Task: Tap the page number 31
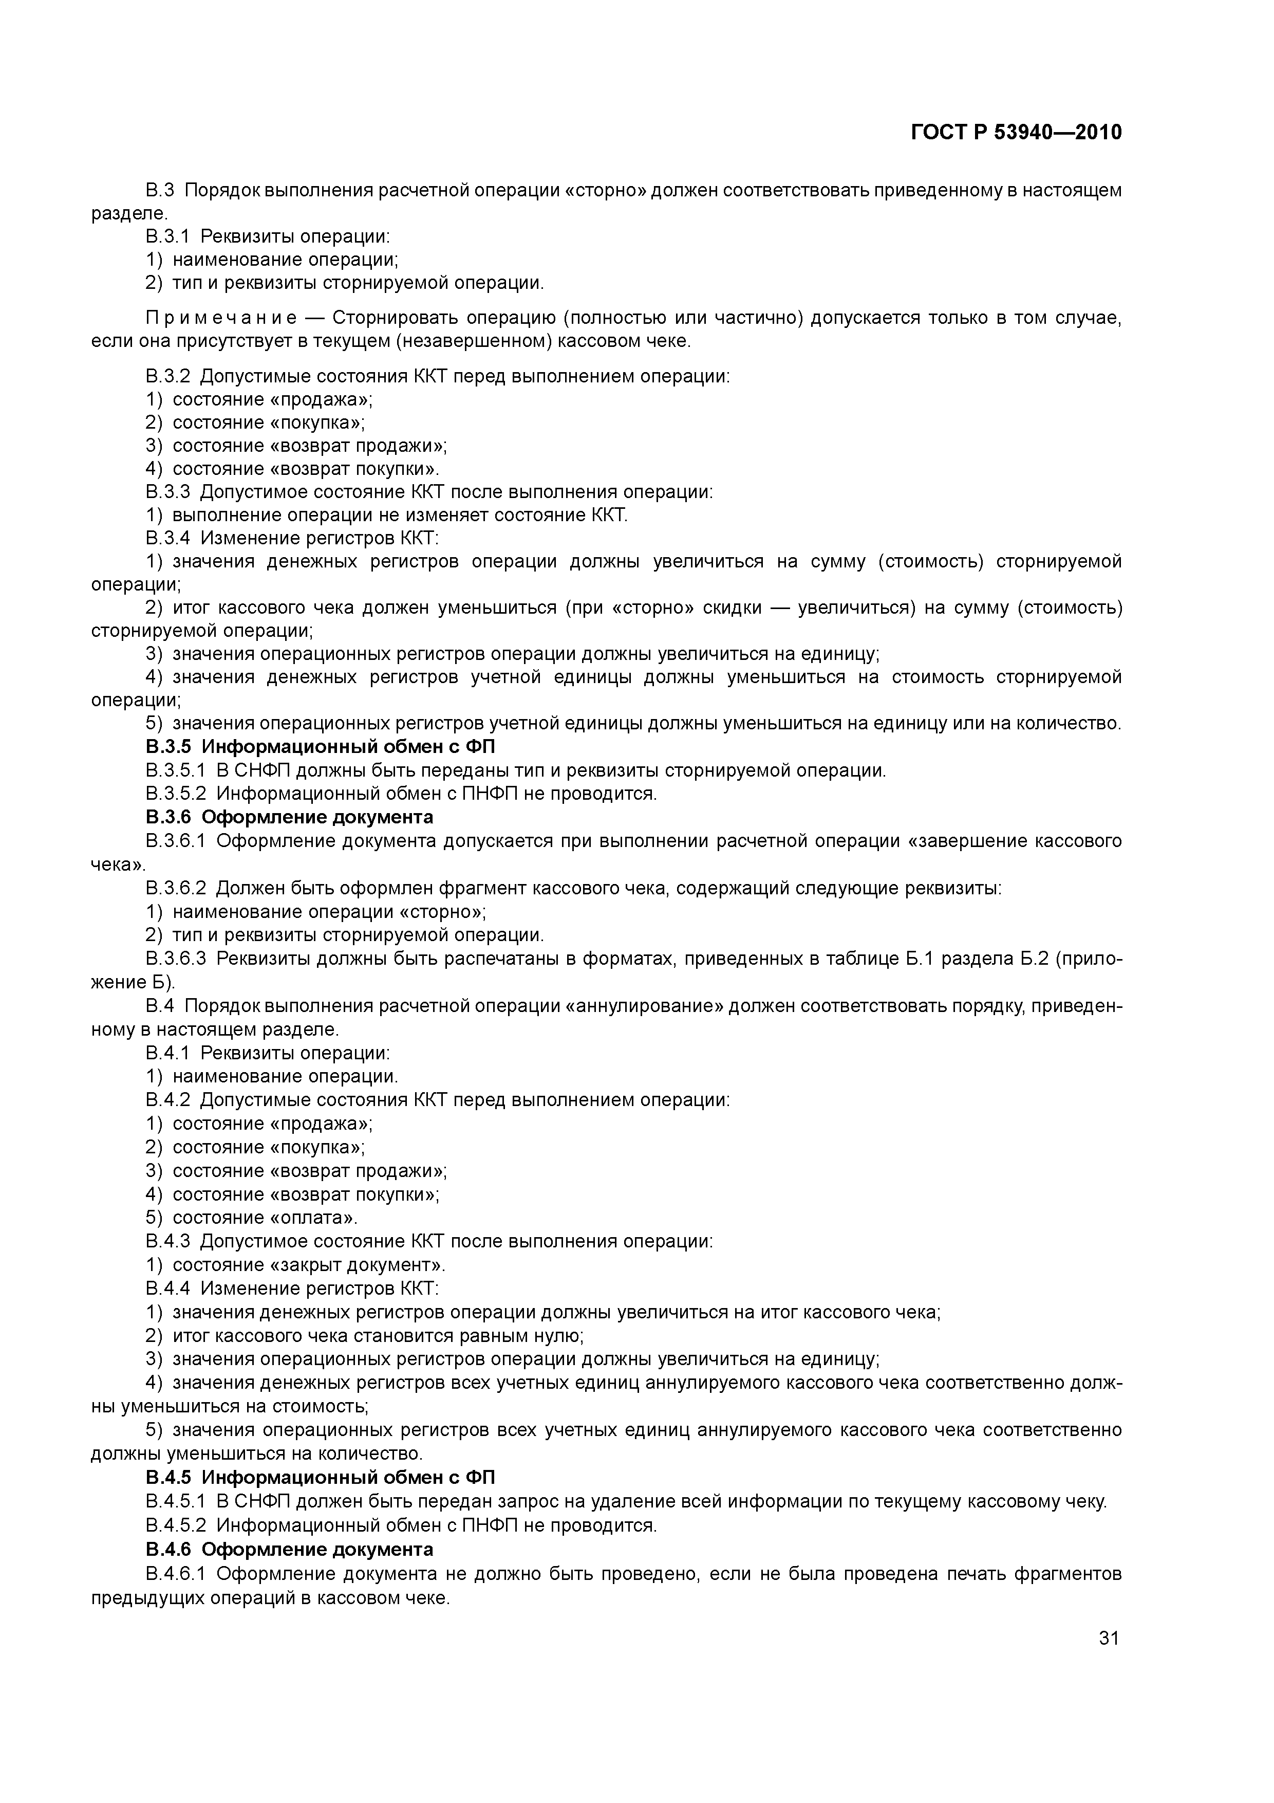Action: click(1109, 1638)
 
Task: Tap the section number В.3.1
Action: click(167, 236)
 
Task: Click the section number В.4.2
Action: click(167, 1099)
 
